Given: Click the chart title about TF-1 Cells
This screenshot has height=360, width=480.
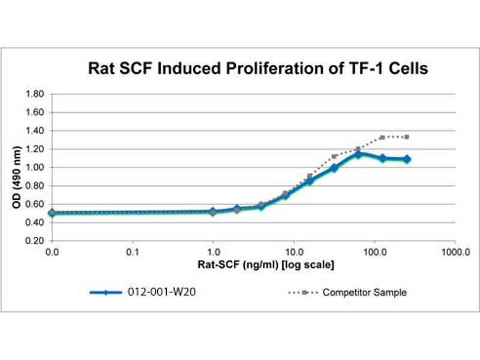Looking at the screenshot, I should point(258,69).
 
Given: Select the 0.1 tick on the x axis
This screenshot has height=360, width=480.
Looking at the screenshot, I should point(133,251).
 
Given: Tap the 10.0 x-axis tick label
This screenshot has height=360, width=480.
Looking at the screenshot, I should point(293,251).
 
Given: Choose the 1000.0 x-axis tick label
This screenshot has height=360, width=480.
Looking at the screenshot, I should point(454,251).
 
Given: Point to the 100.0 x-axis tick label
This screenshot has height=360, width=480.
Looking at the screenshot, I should point(374,251).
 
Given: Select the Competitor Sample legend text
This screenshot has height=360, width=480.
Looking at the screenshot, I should point(364,293).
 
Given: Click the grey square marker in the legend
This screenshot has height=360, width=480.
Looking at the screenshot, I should point(304,293).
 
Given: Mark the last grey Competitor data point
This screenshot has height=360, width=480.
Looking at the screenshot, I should point(407,137).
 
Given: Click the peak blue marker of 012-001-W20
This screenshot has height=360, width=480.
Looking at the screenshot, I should point(358,154).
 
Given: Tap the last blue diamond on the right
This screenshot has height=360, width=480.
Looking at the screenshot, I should point(407,159).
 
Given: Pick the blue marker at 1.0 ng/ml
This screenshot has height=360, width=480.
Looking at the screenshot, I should point(213,211).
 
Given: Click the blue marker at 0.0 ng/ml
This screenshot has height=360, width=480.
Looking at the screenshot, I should point(52,212).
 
